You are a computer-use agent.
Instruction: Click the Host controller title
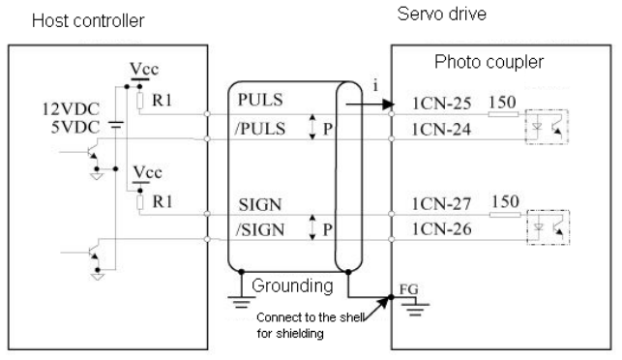tap(88, 20)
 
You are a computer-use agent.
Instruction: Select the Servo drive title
tap(442, 14)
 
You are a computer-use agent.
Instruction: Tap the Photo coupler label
tap(489, 62)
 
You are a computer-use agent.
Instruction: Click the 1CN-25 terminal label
tap(441, 104)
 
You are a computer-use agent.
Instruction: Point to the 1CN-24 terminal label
tap(441, 130)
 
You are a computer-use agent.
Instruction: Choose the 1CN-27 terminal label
tap(441, 204)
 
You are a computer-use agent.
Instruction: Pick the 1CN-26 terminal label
tap(441, 229)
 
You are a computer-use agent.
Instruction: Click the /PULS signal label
tap(260, 129)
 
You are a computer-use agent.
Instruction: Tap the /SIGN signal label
tap(260, 229)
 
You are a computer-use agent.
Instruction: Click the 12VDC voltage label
tap(71, 109)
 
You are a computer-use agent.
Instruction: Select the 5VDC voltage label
tap(75, 128)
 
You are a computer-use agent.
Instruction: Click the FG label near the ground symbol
tap(408, 289)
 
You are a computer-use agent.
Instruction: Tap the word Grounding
tap(292, 285)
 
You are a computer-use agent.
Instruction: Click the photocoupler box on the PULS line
tap(547, 127)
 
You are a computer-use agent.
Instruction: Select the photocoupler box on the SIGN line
tap(548, 227)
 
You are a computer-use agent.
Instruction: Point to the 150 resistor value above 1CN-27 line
tap(505, 201)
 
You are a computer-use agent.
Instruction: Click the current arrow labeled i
tap(370, 105)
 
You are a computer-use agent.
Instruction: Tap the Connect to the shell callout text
tap(311, 325)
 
